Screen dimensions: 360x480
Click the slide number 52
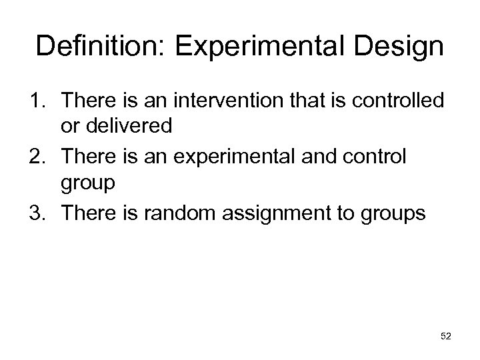click(x=446, y=337)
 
